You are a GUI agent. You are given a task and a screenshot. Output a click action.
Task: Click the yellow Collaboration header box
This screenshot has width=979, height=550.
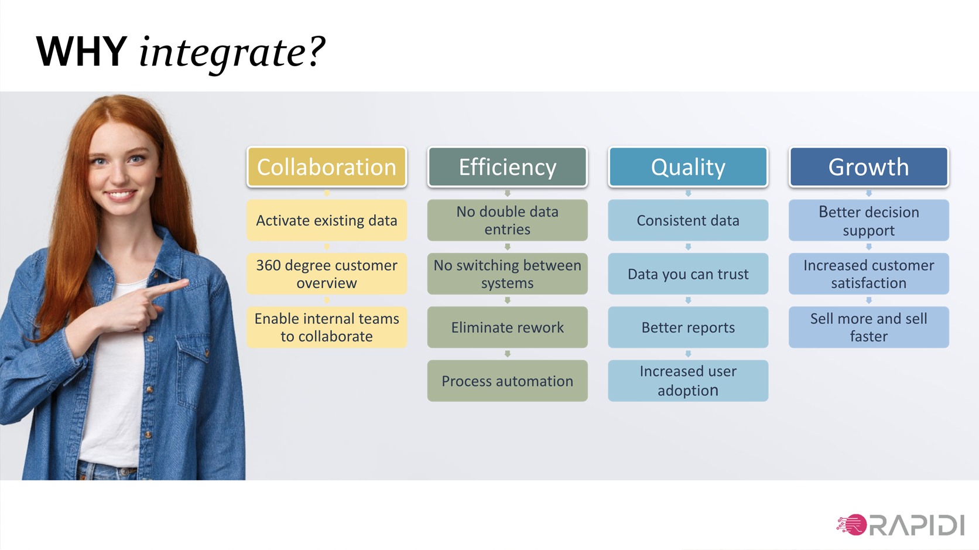click(x=327, y=167)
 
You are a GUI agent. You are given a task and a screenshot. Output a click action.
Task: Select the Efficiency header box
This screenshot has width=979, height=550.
click(x=508, y=167)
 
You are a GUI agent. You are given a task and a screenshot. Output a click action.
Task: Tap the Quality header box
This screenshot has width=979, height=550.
click(x=688, y=167)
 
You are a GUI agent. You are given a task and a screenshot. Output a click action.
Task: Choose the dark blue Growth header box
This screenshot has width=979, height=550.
click(x=869, y=167)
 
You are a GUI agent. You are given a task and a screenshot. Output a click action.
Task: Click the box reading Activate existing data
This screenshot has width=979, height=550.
click(x=327, y=220)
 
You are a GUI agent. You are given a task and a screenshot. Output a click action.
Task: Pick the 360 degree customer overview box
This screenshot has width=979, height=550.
click(x=327, y=274)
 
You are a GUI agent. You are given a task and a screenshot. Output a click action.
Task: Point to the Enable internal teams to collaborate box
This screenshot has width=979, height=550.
click(x=327, y=327)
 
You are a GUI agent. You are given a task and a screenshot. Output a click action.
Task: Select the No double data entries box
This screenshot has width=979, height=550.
click(x=508, y=220)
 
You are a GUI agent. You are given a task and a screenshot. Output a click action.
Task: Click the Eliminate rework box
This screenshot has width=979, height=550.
click(x=508, y=327)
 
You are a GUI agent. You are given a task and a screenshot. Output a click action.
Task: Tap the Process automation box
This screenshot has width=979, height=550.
click(x=508, y=381)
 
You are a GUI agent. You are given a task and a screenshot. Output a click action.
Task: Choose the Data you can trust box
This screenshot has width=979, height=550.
click(x=688, y=274)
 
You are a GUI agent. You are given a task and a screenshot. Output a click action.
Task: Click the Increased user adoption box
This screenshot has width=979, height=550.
click(x=688, y=381)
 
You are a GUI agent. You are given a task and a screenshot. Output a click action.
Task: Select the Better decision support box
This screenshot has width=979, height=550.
click(x=869, y=220)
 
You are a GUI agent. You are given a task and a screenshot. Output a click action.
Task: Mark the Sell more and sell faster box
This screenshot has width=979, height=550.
click(x=869, y=327)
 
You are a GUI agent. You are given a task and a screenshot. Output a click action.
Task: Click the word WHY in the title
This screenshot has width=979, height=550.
click(x=82, y=52)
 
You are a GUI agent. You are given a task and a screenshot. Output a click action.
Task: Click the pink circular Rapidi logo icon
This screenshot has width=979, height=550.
click(x=853, y=525)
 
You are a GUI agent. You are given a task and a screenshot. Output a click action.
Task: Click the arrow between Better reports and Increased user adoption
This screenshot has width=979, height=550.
click(x=688, y=354)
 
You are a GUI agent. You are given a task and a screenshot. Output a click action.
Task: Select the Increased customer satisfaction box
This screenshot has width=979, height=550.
click(x=869, y=274)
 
